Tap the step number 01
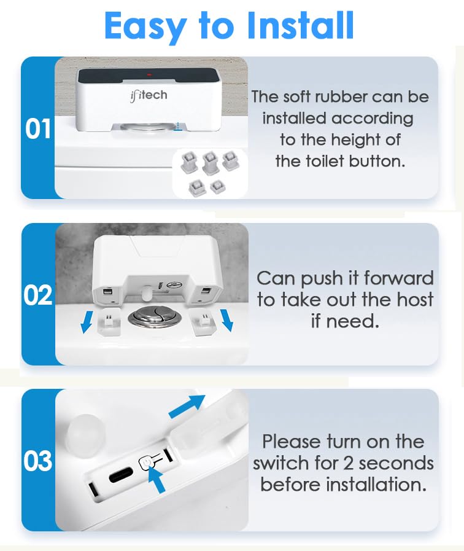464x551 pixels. tap(38, 130)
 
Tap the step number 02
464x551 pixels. tap(38, 295)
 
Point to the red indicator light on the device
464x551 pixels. tap(148, 75)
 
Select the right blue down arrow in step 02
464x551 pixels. tap(227, 319)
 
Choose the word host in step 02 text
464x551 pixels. tap(412, 300)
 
